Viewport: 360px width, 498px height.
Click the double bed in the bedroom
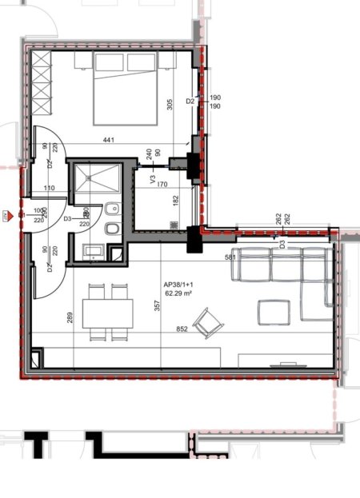[125, 90]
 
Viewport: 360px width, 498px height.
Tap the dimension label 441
[109, 141]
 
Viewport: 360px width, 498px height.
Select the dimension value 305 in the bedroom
[169, 103]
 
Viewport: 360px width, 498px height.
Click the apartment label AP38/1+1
[180, 285]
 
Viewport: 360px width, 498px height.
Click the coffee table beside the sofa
[274, 311]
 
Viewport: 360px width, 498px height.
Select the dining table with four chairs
[107, 311]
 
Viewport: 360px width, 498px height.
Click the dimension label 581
[231, 257]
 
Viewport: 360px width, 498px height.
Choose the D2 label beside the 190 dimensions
[190, 102]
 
